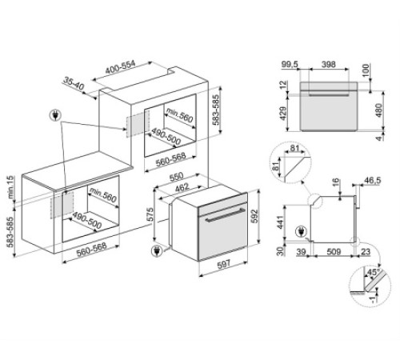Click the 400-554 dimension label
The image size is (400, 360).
(121, 68)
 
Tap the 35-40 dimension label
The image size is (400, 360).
(74, 83)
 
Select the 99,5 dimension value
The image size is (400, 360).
(290, 64)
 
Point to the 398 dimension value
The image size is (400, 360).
(329, 64)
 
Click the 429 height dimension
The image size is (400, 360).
(283, 114)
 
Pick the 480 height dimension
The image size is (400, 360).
(378, 110)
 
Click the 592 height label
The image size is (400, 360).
(254, 216)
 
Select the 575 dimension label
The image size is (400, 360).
(150, 214)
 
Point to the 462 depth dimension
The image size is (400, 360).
(181, 187)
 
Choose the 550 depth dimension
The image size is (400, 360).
(176, 176)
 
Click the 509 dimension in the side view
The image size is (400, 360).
(334, 251)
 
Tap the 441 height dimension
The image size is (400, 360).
(280, 222)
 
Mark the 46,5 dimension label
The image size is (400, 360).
(373, 181)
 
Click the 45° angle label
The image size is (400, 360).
(374, 272)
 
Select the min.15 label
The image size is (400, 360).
(10, 187)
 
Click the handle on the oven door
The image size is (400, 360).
(226, 214)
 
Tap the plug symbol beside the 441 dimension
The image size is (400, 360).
(301, 232)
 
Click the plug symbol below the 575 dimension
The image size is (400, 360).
(156, 251)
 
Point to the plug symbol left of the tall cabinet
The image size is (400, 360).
(55, 115)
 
